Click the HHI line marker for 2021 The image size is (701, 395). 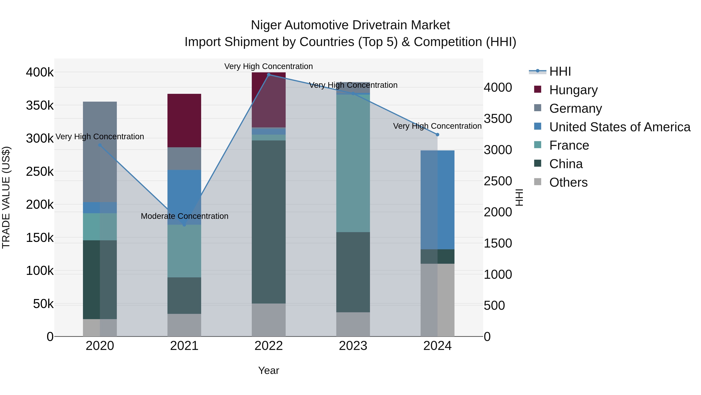184,225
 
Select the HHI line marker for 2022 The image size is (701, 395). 269,75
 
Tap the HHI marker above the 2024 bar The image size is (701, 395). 437,135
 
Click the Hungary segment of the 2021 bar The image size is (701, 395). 184,121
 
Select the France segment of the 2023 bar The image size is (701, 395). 353,163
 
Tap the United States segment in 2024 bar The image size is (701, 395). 437,200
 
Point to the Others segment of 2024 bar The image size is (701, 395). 437,300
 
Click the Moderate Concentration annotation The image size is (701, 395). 184,216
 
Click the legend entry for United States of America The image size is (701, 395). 620,127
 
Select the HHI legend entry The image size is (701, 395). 560,71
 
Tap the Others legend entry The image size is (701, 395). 568,182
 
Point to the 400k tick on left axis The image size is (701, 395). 40,73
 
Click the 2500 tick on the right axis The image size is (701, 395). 498,181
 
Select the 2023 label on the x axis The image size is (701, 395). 353,346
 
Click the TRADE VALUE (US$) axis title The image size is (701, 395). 6,197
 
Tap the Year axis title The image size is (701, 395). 269,370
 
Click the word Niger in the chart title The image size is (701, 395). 266,25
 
